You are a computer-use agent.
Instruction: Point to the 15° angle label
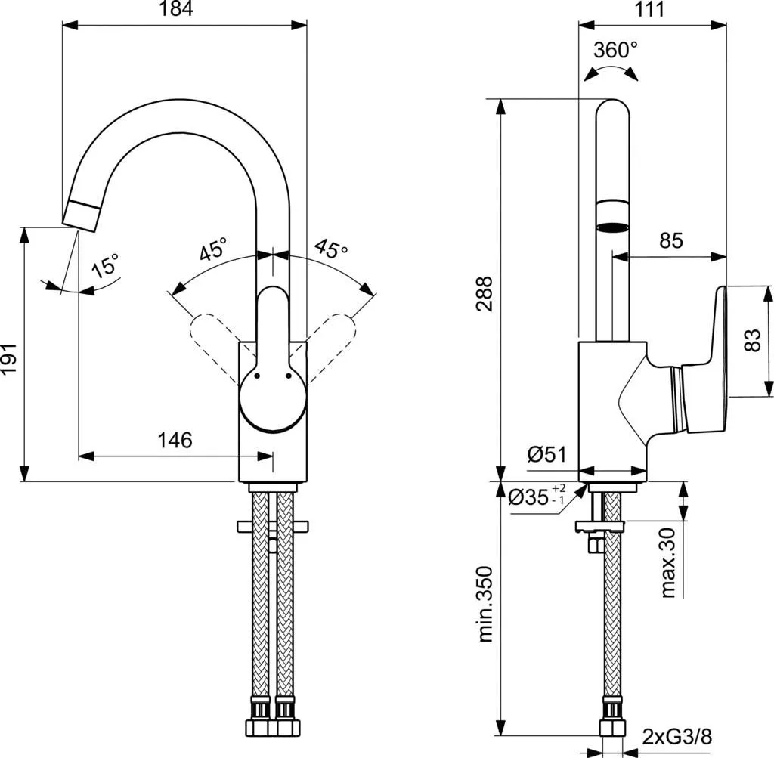[106, 267]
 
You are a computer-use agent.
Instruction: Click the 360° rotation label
[615, 51]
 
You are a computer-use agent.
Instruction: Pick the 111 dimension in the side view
[649, 10]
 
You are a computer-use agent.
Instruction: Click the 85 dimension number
[670, 241]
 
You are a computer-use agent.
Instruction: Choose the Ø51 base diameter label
[546, 454]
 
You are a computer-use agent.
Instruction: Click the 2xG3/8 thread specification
[676, 735]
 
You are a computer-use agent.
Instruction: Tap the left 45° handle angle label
[213, 250]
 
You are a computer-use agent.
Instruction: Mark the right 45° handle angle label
[331, 250]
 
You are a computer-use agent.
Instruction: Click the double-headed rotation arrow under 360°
[611, 71]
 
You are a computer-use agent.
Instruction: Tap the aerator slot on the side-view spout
[612, 227]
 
